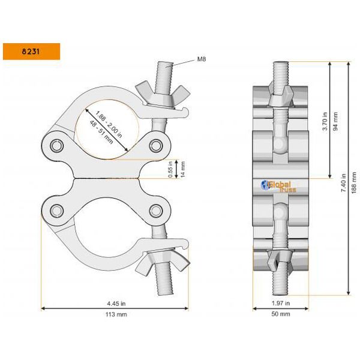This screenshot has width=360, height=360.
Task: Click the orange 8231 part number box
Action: pyautogui.click(x=31, y=51)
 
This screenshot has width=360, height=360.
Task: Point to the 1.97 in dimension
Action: pyautogui.click(x=281, y=303)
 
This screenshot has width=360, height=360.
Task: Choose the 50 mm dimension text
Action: pyautogui.click(x=281, y=314)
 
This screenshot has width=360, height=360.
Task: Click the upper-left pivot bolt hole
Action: pyautogui.click(x=58, y=146)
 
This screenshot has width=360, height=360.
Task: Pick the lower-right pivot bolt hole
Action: pyautogui.click(x=157, y=210)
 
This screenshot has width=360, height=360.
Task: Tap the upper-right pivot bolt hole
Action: pyautogui.click(x=157, y=146)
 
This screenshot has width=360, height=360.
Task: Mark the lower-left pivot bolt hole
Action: pyautogui.click(x=58, y=210)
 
